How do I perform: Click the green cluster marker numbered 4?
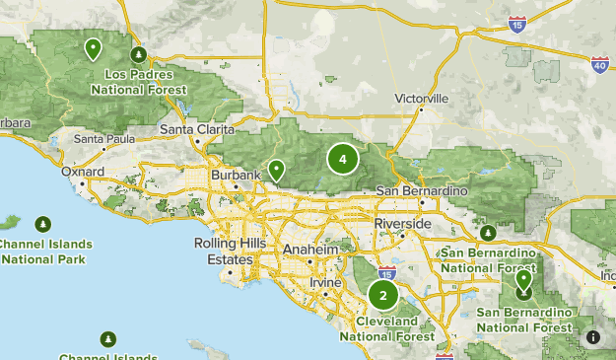click(x=343, y=158)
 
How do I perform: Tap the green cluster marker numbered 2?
click(x=383, y=295)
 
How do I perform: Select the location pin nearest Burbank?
click(x=278, y=172)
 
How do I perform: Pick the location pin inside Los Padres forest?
click(x=93, y=47)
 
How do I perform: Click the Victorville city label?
click(x=421, y=99)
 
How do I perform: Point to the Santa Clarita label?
click(x=197, y=130)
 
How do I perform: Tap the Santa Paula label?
click(x=103, y=139)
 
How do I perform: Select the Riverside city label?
click(x=402, y=224)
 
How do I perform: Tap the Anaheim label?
click(x=310, y=250)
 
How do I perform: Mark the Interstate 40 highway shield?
click(x=600, y=64)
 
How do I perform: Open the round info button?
click(x=592, y=336)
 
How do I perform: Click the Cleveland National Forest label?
click(x=387, y=328)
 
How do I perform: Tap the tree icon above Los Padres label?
click(x=139, y=54)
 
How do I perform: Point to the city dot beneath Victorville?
click(x=422, y=109)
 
